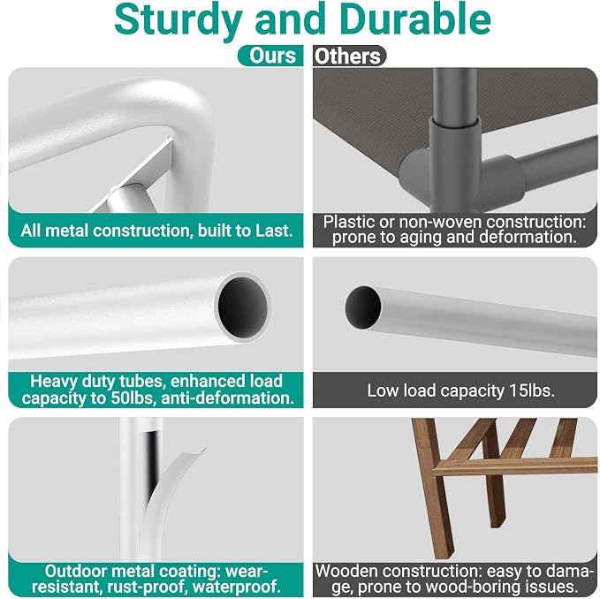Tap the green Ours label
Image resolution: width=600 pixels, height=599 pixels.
(271, 56)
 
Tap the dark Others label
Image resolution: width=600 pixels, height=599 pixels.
(349, 56)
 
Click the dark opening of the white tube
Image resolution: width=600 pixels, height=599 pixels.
(243, 307)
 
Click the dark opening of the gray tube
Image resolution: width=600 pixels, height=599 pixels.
(363, 307)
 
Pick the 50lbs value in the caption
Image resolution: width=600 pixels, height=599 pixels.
(132, 398)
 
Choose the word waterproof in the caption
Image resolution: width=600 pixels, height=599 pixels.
(236, 587)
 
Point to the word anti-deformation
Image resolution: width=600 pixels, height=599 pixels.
(227, 398)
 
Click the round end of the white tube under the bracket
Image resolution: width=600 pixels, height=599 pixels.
(125, 198)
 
